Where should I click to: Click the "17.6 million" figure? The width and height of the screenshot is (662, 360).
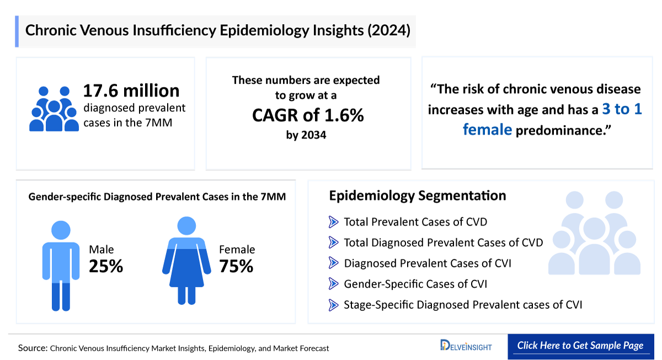tap(131, 90)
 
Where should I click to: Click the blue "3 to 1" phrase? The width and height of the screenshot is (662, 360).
tap(622, 109)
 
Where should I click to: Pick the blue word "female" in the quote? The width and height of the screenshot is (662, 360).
tap(487, 130)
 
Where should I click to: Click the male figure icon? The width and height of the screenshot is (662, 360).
tap(61, 265)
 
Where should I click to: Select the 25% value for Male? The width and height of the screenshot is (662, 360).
tap(106, 267)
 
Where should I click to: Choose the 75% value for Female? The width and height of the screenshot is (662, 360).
tap(236, 267)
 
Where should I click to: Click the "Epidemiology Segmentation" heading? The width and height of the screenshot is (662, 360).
tap(418, 196)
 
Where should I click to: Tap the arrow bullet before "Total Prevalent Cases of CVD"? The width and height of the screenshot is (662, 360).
tap(333, 222)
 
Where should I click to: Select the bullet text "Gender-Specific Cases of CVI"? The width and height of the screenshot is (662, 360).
tap(415, 284)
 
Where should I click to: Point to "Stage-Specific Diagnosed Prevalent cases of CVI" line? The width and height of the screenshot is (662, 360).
tap(463, 305)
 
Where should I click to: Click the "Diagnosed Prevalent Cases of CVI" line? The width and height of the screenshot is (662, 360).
tap(427, 264)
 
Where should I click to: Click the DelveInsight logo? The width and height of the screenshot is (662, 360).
tap(466, 346)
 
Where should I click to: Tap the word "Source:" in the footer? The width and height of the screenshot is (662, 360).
tap(33, 348)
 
